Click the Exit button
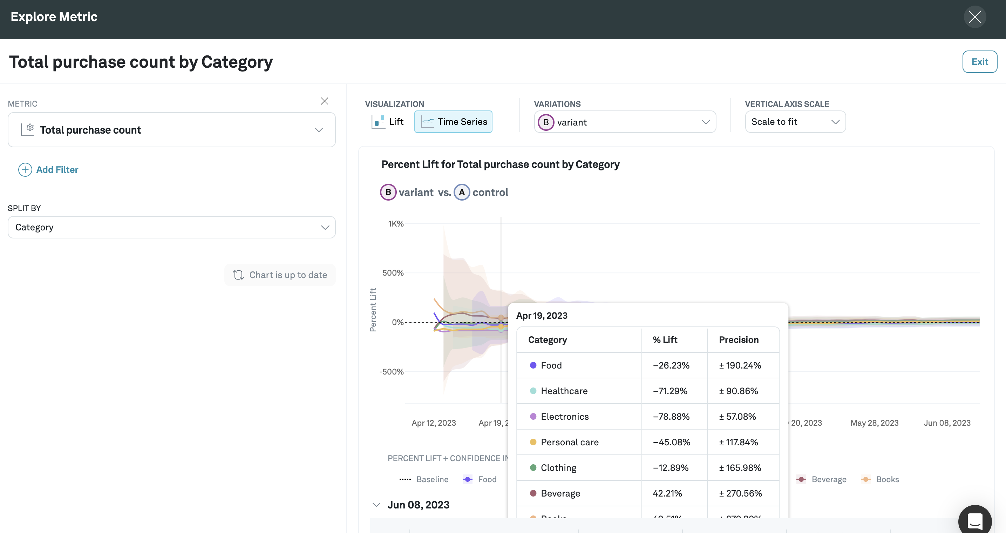(x=979, y=62)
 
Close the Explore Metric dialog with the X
(x=974, y=17)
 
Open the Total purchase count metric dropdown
(x=171, y=130)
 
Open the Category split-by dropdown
(x=171, y=227)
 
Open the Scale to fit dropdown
(x=795, y=122)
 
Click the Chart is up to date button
(x=280, y=275)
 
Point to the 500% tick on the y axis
(x=393, y=273)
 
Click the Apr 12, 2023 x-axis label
(x=434, y=423)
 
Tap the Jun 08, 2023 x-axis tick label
(x=947, y=423)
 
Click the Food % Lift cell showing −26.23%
(x=671, y=365)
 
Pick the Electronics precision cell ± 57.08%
(x=737, y=417)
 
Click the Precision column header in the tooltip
(x=739, y=339)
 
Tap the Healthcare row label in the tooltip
(x=564, y=391)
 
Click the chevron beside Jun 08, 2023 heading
(x=376, y=505)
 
